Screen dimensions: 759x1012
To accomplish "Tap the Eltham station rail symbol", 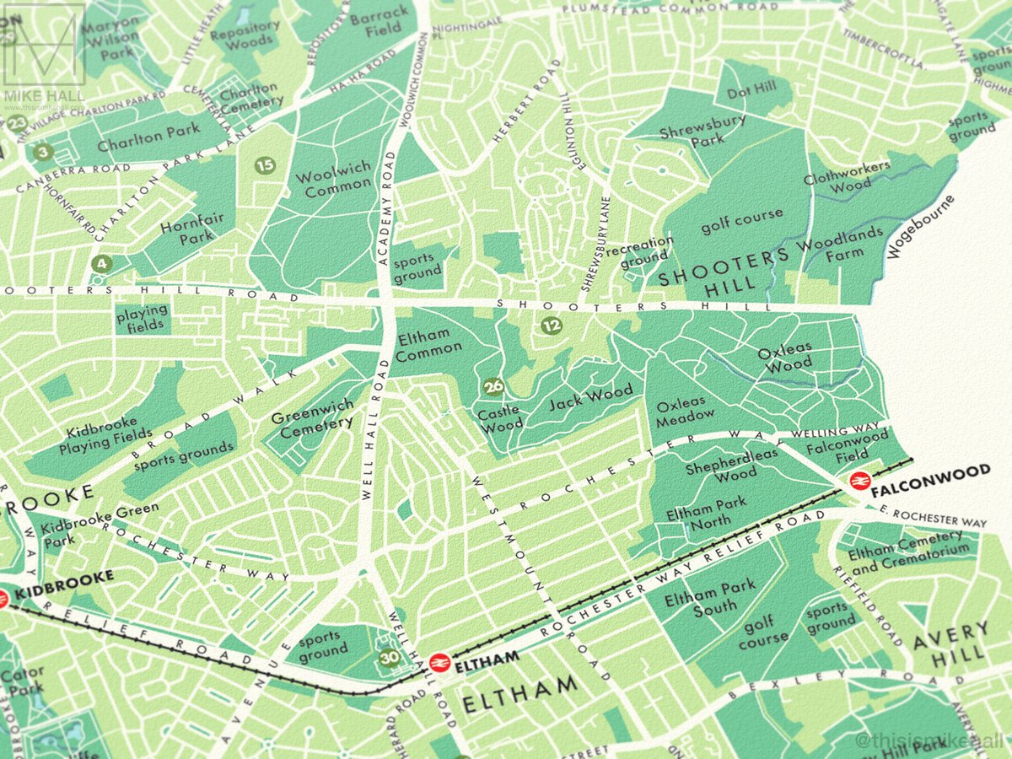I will tap(438, 663).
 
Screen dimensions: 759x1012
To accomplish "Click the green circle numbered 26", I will tap(493, 387).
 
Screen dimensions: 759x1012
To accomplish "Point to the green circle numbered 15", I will tap(265, 165).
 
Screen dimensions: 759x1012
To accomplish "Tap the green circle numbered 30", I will tap(389, 659).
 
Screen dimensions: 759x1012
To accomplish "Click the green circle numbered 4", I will tap(102, 263).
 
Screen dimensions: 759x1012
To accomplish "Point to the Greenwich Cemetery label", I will tap(313, 414).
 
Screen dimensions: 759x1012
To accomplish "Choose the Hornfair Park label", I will tap(193, 228).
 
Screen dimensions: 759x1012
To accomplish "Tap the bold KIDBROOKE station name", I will tap(64, 577).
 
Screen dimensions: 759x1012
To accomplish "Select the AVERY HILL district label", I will tap(951, 641).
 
